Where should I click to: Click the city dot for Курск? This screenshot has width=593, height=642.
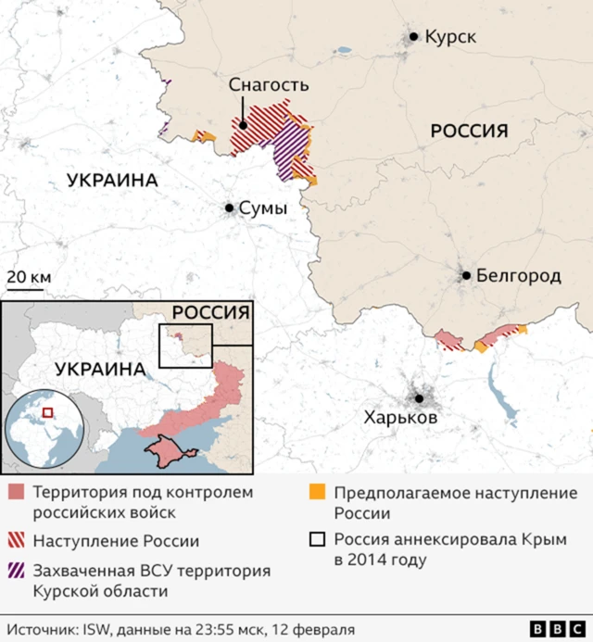[x=413, y=37]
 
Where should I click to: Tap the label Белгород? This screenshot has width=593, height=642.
[x=519, y=275]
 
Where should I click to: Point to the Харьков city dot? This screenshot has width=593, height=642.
[x=420, y=398]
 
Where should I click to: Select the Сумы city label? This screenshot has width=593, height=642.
[x=263, y=208]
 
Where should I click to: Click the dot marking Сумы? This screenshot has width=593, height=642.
[x=229, y=208]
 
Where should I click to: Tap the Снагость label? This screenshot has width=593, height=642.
[x=269, y=85]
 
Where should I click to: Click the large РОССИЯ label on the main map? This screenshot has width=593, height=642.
[x=470, y=131]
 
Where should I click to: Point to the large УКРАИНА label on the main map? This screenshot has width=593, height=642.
[x=112, y=181]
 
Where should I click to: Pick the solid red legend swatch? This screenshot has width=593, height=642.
[x=16, y=492]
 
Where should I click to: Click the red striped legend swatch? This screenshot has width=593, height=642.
[x=16, y=540]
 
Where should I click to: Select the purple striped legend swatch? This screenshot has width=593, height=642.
[x=16, y=571]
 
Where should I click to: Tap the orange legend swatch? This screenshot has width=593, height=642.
[x=317, y=492]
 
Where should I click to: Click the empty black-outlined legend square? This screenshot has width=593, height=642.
[x=317, y=540]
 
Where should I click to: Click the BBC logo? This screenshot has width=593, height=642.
[x=552, y=628]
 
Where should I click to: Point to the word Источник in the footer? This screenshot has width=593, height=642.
[x=42, y=629]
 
